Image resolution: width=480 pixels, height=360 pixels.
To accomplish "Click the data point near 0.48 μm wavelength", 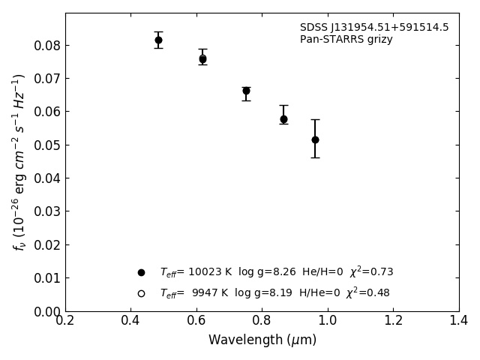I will [x=158, y=40].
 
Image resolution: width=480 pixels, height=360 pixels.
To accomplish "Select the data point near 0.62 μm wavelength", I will [x=202, y=58].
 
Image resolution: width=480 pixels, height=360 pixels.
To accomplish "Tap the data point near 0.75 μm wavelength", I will [x=246, y=91].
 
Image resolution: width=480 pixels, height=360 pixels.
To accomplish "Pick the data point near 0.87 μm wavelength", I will [x=283, y=118].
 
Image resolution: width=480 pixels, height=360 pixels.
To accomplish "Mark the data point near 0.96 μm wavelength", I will [x=315, y=139].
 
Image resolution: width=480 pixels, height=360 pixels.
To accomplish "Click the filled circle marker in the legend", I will [x=141, y=272].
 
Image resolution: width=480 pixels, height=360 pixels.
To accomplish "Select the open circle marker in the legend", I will [x=141, y=293].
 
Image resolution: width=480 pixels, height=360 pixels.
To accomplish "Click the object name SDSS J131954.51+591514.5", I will [x=374, y=28].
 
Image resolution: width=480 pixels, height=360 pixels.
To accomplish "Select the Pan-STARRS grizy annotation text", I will [x=346, y=40].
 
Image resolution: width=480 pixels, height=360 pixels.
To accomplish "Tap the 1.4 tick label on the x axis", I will [x=459, y=320].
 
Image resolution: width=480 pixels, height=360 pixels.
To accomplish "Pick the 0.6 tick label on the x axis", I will [x=196, y=320].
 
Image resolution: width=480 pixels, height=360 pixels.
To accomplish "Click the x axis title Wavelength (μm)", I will [x=262, y=340].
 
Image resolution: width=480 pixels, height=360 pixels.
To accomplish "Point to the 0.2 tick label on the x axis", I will [x=65, y=320].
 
